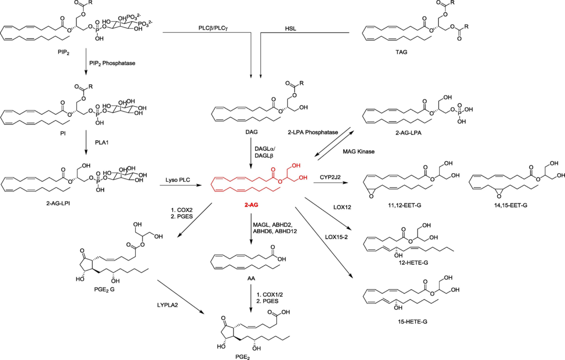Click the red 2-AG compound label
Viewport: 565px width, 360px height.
(251, 205)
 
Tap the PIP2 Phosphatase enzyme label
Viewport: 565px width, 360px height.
(112, 63)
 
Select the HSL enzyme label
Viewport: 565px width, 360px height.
(290, 28)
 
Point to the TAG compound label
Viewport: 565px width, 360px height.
(401, 52)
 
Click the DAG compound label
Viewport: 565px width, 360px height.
(252, 132)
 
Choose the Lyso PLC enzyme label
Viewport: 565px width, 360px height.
(178, 180)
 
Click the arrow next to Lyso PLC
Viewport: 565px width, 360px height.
(181, 185)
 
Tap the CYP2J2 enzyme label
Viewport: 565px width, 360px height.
(330, 177)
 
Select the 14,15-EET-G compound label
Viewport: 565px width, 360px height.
(511, 205)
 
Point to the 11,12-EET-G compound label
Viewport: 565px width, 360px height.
(405, 205)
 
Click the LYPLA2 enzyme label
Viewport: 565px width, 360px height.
(167, 305)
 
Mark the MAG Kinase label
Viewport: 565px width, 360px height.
(359, 152)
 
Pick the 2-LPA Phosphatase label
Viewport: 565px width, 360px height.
(313, 132)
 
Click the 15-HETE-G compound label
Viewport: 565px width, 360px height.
(412, 322)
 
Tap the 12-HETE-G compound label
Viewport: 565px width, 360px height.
(413, 263)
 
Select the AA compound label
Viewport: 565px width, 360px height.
(251, 278)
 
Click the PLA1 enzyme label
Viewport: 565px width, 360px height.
(102, 142)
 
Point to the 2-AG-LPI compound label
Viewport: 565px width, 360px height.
(58, 203)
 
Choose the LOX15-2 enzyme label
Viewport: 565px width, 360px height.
(336, 237)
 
